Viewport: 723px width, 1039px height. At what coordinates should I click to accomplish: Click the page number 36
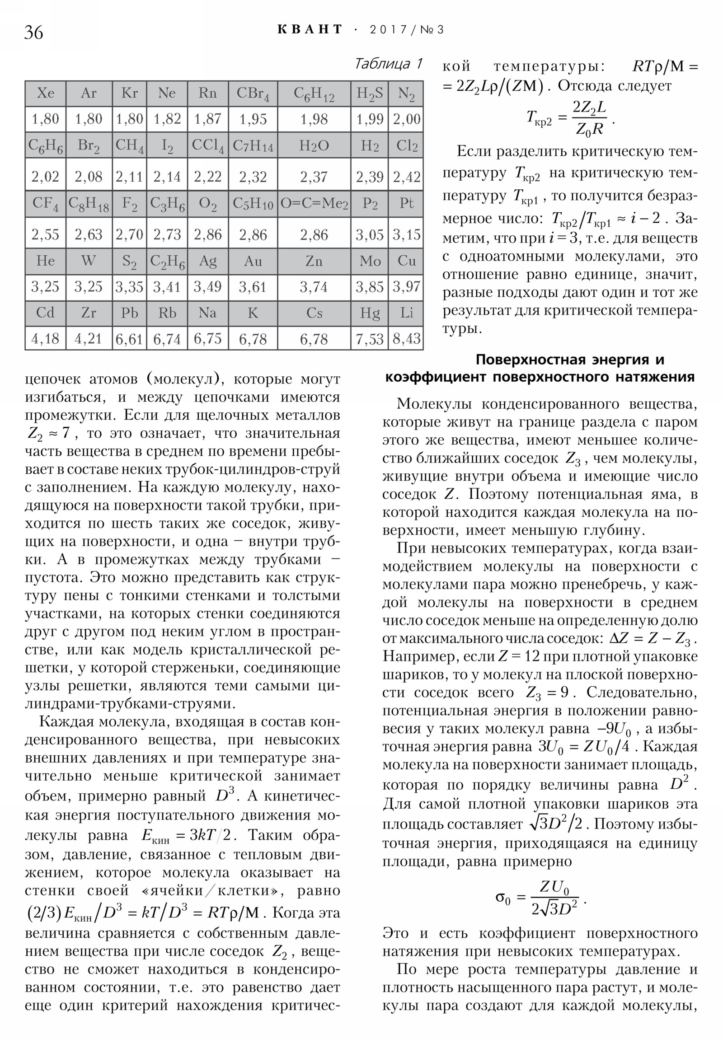pyautogui.click(x=33, y=33)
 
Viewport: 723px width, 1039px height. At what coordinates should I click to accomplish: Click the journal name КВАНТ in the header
pyautogui.click(x=310, y=30)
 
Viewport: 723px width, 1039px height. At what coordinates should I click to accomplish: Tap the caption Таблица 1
pyautogui.click(x=388, y=64)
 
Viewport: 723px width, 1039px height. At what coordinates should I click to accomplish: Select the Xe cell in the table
pyautogui.click(x=45, y=93)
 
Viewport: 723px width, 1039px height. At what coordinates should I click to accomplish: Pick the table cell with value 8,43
pyautogui.click(x=406, y=338)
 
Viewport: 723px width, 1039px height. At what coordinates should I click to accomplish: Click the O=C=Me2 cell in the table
pyautogui.click(x=314, y=204)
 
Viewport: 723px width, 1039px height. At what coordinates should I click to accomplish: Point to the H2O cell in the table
pyautogui.click(x=314, y=146)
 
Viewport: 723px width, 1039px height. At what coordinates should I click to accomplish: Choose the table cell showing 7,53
pyautogui.click(x=370, y=338)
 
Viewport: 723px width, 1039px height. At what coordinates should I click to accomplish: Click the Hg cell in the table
pyautogui.click(x=370, y=313)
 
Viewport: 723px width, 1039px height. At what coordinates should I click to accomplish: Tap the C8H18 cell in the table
pyautogui.click(x=89, y=204)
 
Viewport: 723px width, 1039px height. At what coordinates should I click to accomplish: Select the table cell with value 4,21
pyautogui.click(x=89, y=338)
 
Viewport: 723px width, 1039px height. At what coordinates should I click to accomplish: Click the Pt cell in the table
pyautogui.click(x=406, y=203)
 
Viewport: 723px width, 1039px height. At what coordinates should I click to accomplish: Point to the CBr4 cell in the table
pyautogui.click(x=253, y=93)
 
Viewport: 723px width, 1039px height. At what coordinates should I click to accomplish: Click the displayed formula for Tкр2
pyautogui.click(x=570, y=118)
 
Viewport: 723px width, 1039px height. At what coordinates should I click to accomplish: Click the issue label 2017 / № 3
pyautogui.click(x=407, y=30)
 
